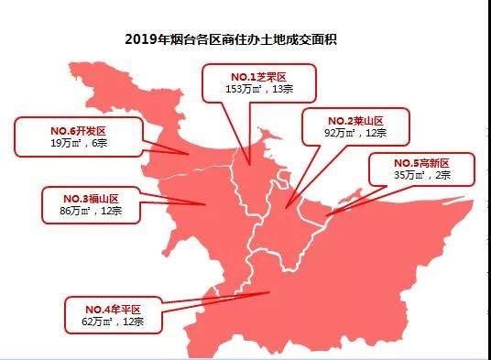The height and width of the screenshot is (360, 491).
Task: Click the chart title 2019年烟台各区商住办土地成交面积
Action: [245, 39]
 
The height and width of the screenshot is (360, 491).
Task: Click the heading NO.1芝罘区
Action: [257, 77]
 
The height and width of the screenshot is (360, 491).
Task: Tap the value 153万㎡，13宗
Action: [257, 90]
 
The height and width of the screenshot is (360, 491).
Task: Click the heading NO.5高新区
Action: [421, 162]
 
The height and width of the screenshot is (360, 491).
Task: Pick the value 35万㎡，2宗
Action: [421, 175]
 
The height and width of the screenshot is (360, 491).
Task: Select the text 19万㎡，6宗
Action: [71, 144]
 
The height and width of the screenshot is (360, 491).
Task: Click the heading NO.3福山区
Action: [90, 198]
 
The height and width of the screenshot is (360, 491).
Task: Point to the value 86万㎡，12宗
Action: [90, 211]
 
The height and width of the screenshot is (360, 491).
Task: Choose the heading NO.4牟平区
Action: [114, 310]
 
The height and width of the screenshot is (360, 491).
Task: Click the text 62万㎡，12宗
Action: [114, 322]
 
